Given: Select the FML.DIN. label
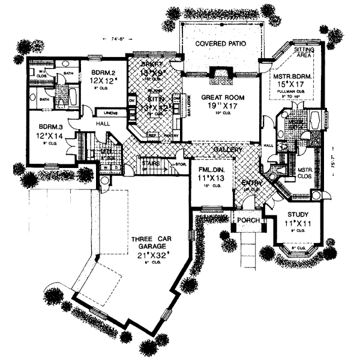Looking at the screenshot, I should [211, 170].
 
